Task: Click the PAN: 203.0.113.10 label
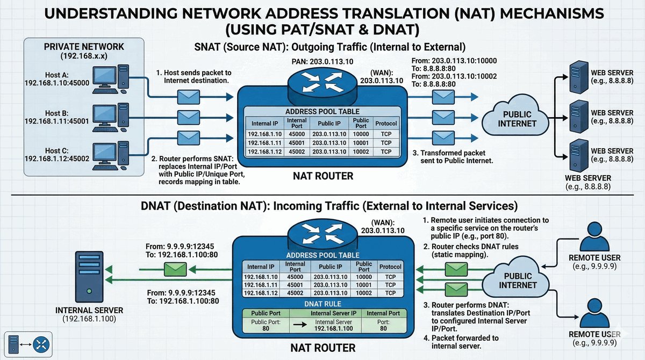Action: tap(322, 62)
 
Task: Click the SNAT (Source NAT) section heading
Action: tap(329, 46)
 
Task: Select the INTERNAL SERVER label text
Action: tap(89, 311)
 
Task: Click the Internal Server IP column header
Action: tap(333, 313)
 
